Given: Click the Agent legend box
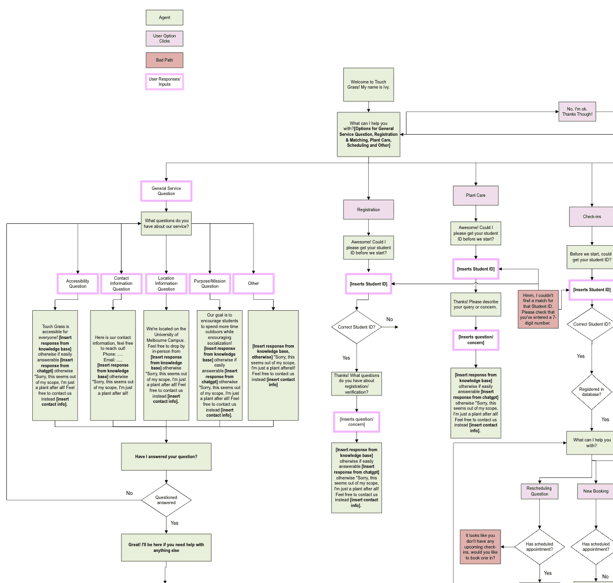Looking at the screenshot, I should tap(164, 17).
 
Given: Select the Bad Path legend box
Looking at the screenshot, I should tap(164, 60).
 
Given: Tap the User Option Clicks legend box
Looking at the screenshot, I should tap(164, 39).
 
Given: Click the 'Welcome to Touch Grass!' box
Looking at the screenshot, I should tap(368, 85).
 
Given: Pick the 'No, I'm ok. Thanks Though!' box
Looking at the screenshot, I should tap(577, 112).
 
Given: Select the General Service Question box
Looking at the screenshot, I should tap(166, 191).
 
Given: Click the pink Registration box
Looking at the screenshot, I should tap(368, 209).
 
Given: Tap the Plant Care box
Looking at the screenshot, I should tap(476, 196).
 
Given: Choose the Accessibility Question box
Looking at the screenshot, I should tap(78, 284).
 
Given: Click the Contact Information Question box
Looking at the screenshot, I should tap(121, 284).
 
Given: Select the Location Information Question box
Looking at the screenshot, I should tap(166, 284).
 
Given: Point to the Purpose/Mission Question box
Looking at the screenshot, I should tap(210, 284).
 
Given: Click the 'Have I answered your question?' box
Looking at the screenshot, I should tap(166, 456).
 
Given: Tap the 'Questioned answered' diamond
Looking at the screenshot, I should tap(166, 500).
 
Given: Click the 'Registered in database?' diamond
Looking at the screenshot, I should tap(591, 392).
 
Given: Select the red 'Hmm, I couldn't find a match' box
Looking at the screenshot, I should tap(538, 309).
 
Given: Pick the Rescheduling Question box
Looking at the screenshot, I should tap(540, 491).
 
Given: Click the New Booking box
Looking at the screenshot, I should tap(595, 491).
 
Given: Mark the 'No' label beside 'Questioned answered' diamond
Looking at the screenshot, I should tap(129, 493).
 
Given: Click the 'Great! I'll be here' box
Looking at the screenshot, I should tap(166, 547).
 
